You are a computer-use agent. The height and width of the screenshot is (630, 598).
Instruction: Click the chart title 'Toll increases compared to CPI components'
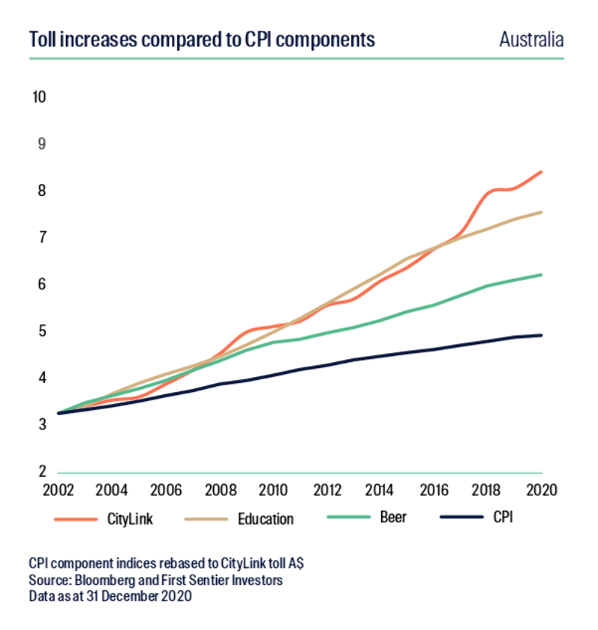(x=202, y=39)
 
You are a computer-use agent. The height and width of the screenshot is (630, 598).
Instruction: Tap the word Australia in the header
(x=531, y=39)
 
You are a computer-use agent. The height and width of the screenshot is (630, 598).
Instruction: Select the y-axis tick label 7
(x=43, y=238)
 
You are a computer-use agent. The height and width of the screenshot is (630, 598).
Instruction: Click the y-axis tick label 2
(x=43, y=471)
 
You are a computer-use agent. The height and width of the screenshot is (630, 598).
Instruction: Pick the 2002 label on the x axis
(x=58, y=491)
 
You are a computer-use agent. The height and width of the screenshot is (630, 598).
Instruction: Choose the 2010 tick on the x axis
(x=271, y=491)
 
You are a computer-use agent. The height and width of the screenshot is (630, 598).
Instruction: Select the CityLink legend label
(x=130, y=519)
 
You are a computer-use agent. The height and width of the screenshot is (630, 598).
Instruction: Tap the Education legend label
(x=266, y=519)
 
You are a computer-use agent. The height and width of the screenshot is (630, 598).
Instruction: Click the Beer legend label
(x=393, y=518)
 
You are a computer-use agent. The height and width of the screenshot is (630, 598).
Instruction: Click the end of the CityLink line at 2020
(x=541, y=172)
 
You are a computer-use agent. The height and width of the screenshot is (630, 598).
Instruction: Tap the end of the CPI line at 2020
(x=541, y=335)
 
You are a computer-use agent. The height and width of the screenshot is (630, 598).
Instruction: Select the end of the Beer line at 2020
(x=541, y=275)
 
